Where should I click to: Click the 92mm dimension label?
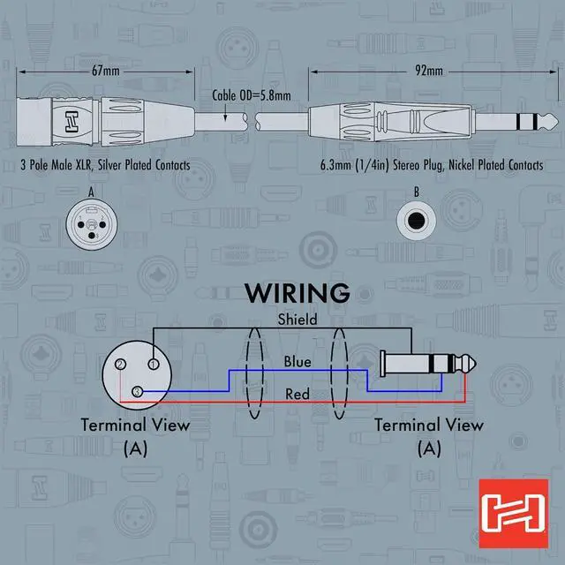428,67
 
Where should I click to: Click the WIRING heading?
297,292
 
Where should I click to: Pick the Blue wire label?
297,361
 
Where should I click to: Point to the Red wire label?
298,394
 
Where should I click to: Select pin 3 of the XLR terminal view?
137,391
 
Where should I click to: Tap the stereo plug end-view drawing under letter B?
417,221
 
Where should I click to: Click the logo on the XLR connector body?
67,120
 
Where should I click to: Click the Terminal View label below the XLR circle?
136,424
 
